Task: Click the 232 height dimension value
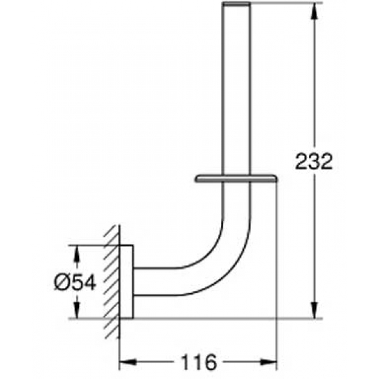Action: pyautogui.click(x=314, y=161)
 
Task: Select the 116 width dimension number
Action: pyautogui.click(x=198, y=362)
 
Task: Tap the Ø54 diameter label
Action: pyautogui.click(x=75, y=282)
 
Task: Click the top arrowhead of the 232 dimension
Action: pyautogui.click(x=314, y=11)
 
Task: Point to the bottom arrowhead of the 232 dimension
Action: pyautogui.click(x=314, y=310)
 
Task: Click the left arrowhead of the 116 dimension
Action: pyautogui.click(x=128, y=362)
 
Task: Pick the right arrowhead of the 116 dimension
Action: pyautogui.click(x=268, y=362)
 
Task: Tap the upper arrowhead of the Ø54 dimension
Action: pyautogui.click(x=76, y=253)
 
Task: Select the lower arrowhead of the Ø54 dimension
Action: pyautogui.click(x=76, y=310)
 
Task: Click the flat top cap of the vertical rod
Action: pyautogui.click(x=236, y=3)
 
